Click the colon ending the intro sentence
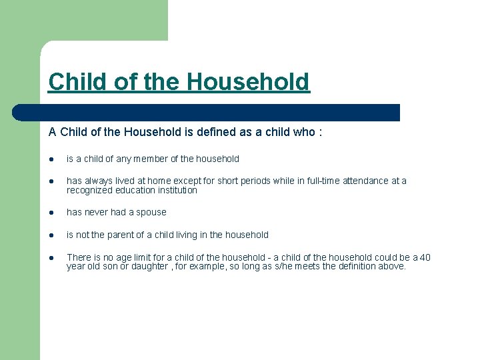[321, 132]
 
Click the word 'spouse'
[151, 212]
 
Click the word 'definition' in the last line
[367, 266]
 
